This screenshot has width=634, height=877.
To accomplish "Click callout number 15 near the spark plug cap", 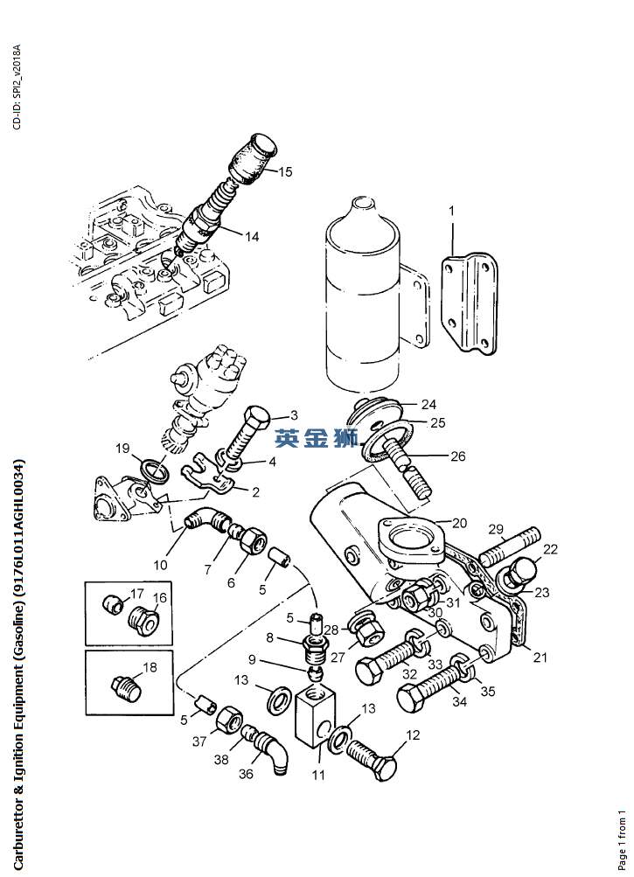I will pos(286,171).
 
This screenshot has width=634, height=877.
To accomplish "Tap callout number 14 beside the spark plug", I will pos(252,236).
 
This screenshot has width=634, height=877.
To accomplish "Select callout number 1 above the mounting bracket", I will pos(452,211).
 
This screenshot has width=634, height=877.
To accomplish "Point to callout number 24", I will pos(428,404).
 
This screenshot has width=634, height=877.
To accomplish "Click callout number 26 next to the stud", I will pos(457,456).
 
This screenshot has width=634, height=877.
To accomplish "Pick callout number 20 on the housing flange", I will pos(459,523).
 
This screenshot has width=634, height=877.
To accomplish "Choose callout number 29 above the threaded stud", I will pos(496,529).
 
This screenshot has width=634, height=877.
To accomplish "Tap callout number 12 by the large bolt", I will pos(413,735).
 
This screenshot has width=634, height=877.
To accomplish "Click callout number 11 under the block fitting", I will pos(318,775).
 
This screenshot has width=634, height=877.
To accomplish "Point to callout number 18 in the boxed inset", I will pos(150,667).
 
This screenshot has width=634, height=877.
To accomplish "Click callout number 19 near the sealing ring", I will pos(122,449).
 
